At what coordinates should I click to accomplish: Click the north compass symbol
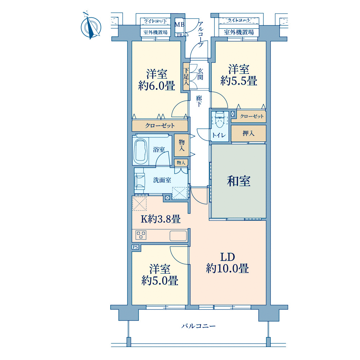pos(91,26)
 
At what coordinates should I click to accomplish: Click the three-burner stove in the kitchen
pos(141,235)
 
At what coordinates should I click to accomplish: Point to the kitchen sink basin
pos(178,236)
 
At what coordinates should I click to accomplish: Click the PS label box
pos(135,247)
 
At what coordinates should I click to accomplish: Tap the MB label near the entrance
pos(179,24)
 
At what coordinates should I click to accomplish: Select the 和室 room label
pos(239,181)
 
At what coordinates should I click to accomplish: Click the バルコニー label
pos(199,326)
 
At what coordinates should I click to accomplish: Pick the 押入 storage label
pos(248,133)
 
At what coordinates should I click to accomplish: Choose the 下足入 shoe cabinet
pos(186,76)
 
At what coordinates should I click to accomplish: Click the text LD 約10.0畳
pos(227,263)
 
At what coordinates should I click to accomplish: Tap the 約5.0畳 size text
pos(160,280)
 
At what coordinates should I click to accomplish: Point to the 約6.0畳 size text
pos(157,86)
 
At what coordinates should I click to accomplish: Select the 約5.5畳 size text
pos(239,81)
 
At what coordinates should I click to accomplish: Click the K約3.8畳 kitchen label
pos(161,219)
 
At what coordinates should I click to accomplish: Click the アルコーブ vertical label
pos(201,35)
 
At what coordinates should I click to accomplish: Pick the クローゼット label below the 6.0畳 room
pos(160,126)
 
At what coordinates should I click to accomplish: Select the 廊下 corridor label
pos(199,101)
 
